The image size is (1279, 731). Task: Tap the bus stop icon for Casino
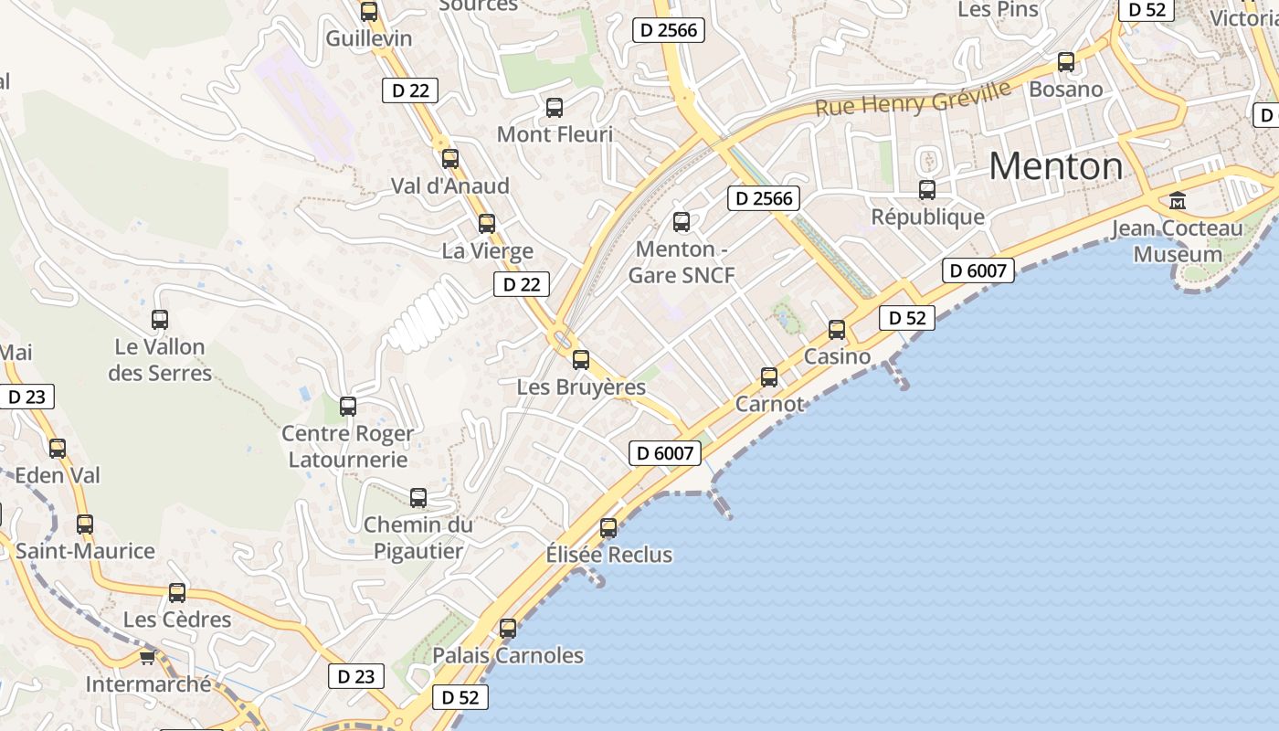point(837,330)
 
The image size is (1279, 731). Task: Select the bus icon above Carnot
point(769,376)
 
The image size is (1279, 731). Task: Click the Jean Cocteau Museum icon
point(1178,200)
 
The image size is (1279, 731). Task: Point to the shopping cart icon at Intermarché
point(147,657)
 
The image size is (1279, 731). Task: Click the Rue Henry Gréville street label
point(913,99)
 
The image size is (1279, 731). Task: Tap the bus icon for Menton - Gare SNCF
point(681,221)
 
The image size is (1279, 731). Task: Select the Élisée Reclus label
point(608,555)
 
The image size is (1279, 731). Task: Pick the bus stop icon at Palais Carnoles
point(508,629)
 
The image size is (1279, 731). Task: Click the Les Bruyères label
point(581,387)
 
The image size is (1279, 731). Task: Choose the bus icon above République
point(927,190)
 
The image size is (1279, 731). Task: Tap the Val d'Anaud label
point(449,186)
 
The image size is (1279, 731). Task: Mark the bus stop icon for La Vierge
point(487,224)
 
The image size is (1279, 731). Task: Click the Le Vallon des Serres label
point(160,360)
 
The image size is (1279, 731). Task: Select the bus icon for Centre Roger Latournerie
point(348,407)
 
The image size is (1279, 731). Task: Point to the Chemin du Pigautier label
point(418,538)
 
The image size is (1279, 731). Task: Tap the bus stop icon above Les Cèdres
point(177,593)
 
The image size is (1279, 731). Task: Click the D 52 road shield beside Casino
point(906,318)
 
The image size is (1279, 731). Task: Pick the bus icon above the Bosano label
point(1066,62)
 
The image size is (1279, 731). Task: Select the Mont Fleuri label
point(555,134)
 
